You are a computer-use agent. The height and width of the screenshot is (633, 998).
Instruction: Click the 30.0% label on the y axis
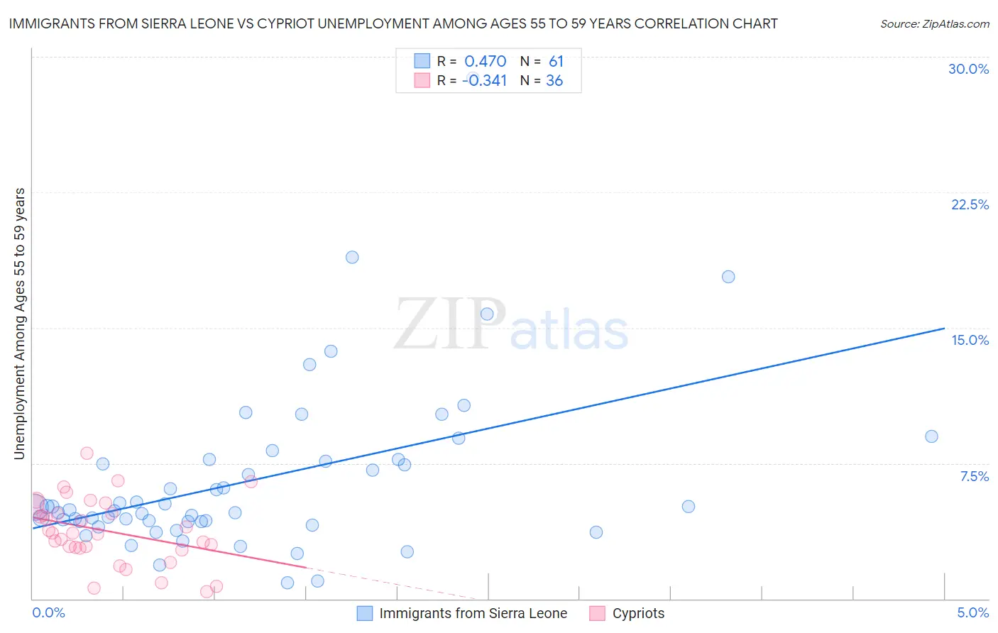tap(968, 69)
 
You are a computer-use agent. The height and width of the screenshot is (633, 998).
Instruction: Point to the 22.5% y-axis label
tap(970, 204)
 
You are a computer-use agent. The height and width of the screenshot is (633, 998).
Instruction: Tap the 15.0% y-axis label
tap(970, 340)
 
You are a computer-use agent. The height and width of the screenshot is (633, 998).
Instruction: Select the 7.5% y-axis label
tap(974, 476)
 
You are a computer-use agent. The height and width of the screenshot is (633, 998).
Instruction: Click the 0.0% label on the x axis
tap(49, 612)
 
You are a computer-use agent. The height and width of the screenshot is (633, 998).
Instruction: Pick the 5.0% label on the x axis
tap(972, 612)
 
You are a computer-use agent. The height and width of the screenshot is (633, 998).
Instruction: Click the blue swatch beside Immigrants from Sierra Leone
tap(364, 613)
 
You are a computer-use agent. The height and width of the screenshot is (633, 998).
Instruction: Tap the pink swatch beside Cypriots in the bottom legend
tap(597, 613)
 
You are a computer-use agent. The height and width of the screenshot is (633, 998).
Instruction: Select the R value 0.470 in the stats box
tap(485, 62)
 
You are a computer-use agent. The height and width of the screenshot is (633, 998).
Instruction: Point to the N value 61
tap(556, 62)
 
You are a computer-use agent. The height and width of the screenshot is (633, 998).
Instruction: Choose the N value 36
tap(554, 81)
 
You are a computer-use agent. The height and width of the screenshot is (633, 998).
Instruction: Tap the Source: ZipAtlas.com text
tap(934, 23)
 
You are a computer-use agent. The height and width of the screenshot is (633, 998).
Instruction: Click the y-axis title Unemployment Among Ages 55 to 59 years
tap(20, 324)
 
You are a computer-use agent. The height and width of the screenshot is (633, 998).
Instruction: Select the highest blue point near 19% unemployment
tap(352, 257)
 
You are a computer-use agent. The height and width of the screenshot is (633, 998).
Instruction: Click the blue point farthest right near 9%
tap(931, 436)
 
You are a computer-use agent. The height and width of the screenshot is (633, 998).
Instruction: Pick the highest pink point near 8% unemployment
tap(87, 453)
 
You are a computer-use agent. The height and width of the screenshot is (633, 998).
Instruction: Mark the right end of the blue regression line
tap(944, 329)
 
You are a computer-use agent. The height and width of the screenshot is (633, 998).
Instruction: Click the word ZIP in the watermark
tap(449, 324)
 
